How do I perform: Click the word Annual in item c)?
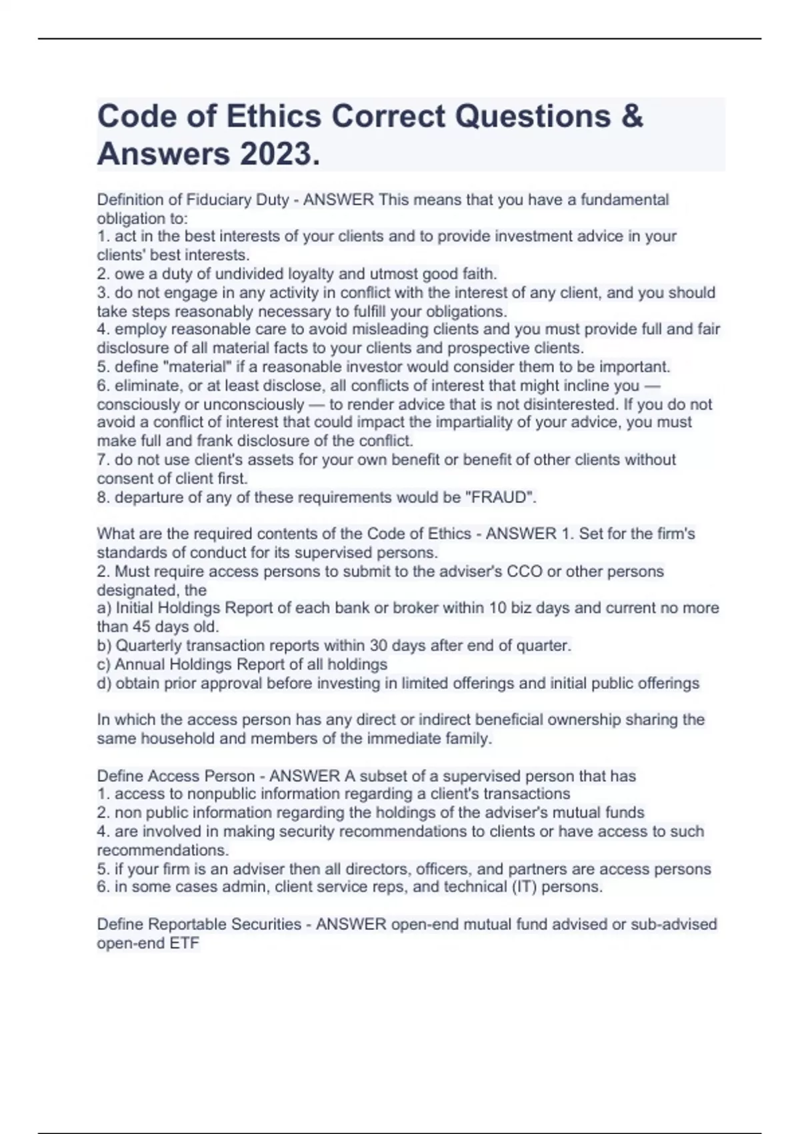[x=139, y=664]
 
